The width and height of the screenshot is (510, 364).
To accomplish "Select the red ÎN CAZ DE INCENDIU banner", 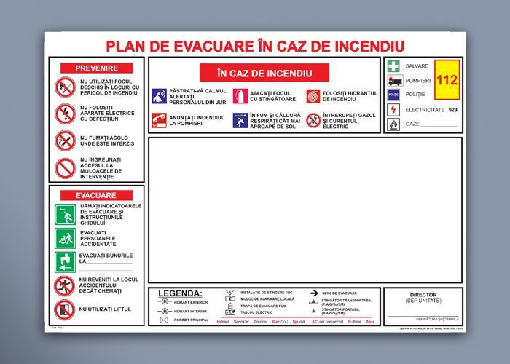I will (264, 74).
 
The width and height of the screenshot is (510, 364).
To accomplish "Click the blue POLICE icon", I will (393, 95).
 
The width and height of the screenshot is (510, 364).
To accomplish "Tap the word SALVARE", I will (417, 66).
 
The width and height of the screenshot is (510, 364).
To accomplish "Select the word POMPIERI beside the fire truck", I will (419, 80).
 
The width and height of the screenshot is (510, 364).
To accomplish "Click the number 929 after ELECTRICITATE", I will (453, 109).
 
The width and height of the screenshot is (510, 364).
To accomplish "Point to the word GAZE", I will (412, 124).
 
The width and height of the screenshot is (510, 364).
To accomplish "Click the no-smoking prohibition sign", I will (65, 140).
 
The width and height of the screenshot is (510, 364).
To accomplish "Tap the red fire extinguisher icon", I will (239, 95).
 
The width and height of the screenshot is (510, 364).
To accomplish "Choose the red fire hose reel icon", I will (313, 95).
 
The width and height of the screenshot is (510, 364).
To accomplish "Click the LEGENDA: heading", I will (181, 293).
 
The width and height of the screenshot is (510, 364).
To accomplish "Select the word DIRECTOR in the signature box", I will (423, 295).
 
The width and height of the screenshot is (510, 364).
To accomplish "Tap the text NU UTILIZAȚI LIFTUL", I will (106, 309).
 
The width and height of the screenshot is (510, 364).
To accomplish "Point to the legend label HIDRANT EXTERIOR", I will (189, 302).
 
